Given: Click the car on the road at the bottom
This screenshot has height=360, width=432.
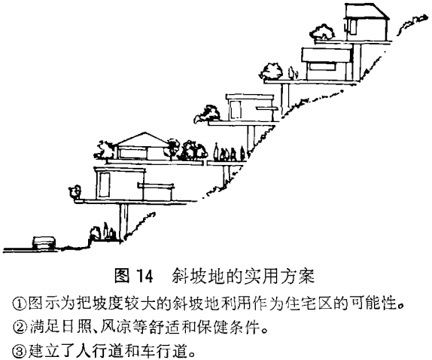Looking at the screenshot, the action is click(44, 243).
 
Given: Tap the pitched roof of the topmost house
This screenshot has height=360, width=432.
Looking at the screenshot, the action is click(367, 11).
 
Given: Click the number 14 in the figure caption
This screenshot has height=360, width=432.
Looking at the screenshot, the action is click(145, 276).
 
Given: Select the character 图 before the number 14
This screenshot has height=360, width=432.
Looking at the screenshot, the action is click(122, 276).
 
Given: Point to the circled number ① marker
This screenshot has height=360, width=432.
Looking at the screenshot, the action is click(19, 304).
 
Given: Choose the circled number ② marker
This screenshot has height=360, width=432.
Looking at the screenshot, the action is click(20, 328).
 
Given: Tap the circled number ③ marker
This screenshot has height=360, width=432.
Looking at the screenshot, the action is click(19, 351).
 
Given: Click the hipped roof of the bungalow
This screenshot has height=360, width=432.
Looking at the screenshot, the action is click(143, 139).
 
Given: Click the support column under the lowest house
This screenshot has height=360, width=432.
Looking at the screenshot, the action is click(123, 222).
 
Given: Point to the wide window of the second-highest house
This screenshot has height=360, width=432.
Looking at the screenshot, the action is click(321, 66).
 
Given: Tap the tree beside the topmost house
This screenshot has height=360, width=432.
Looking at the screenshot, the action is click(323, 32).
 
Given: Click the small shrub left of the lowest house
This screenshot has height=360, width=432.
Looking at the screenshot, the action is click(75, 191).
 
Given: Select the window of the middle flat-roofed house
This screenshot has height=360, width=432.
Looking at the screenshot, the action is click(236, 109).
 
